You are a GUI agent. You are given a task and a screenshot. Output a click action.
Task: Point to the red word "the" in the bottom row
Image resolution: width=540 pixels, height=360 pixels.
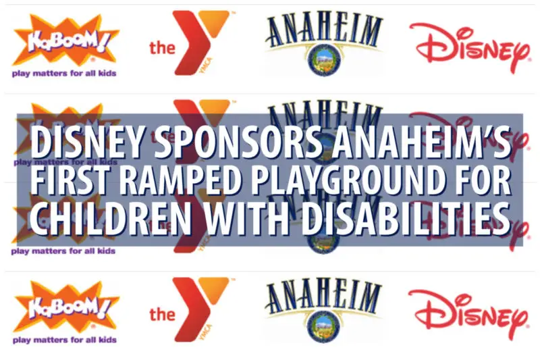coord(162,314)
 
